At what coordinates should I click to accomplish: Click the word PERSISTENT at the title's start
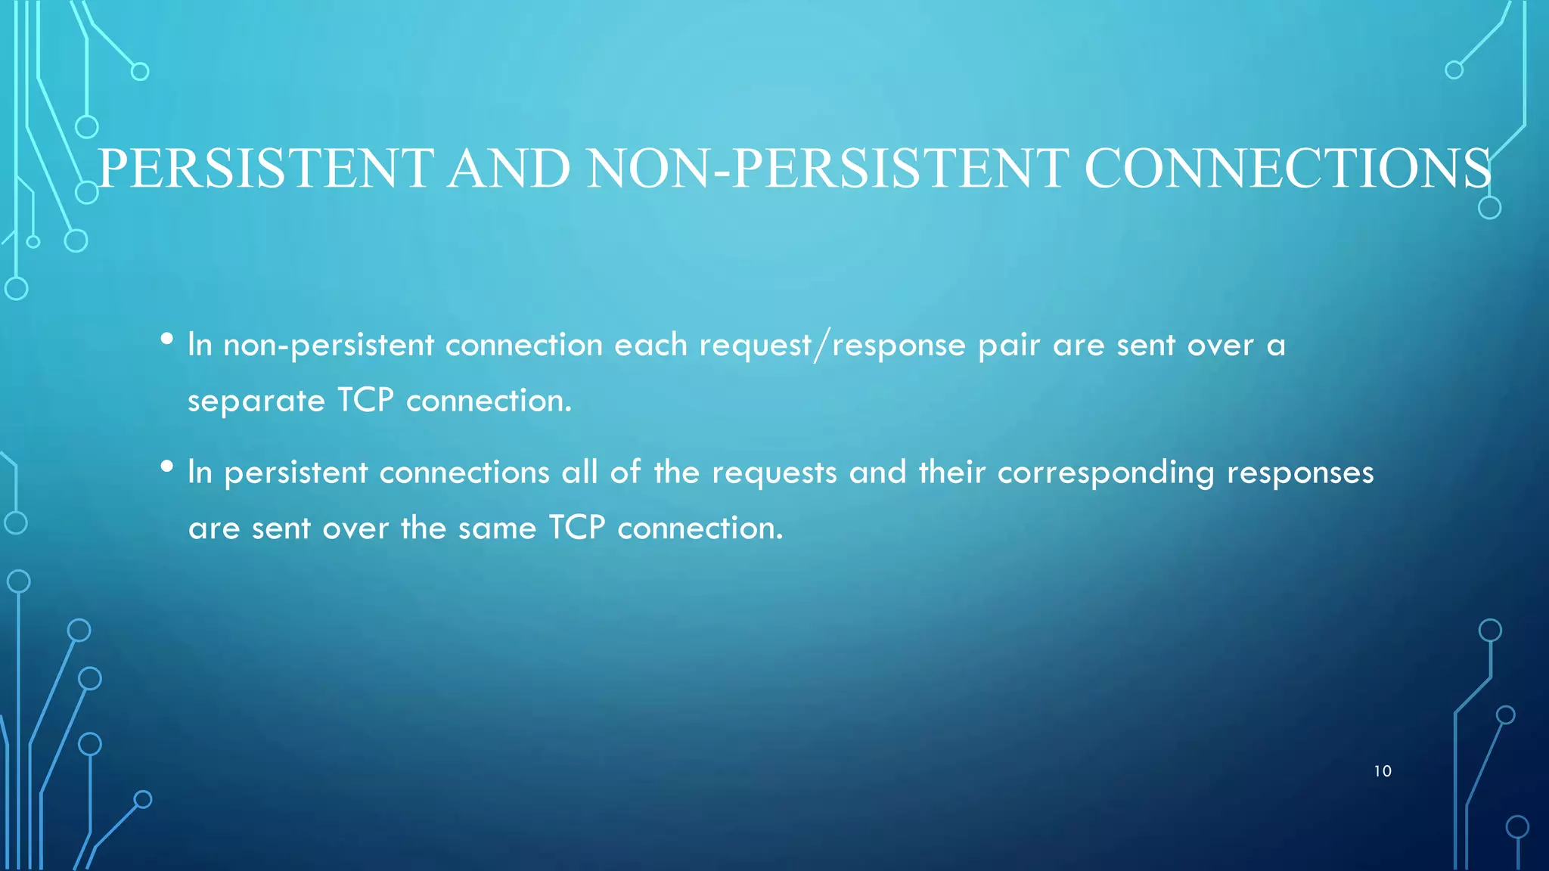click(x=266, y=168)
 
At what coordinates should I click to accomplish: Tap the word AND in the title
click(x=509, y=168)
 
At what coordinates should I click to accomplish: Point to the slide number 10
click(x=1383, y=771)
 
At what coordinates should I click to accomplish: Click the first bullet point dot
click(x=167, y=339)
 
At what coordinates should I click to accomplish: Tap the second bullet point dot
click(x=167, y=466)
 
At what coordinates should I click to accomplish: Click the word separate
click(x=256, y=401)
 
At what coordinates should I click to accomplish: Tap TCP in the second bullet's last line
click(x=577, y=527)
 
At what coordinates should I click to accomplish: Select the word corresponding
click(x=1106, y=473)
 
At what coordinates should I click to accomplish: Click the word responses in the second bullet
click(x=1300, y=473)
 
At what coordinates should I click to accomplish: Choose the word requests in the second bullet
click(x=774, y=473)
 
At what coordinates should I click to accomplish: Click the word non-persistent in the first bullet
click(x=328, y=346)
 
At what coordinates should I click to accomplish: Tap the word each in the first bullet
click(x=650, y=345)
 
